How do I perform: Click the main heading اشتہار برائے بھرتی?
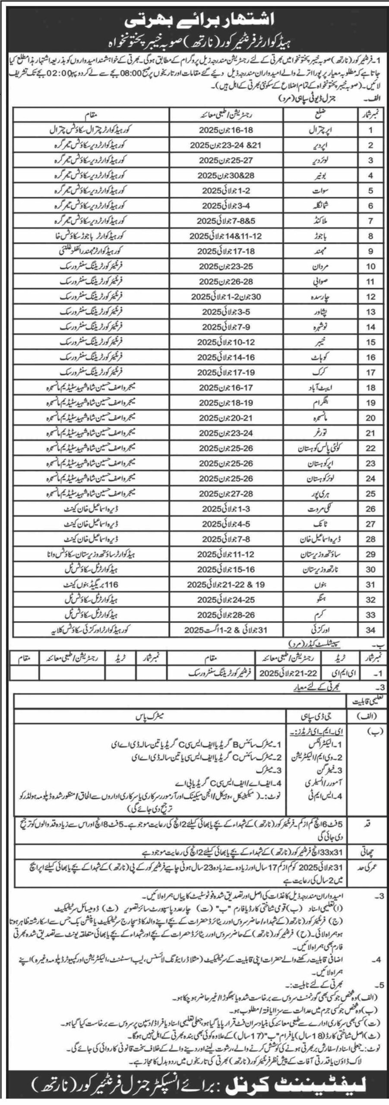(195, 20)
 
